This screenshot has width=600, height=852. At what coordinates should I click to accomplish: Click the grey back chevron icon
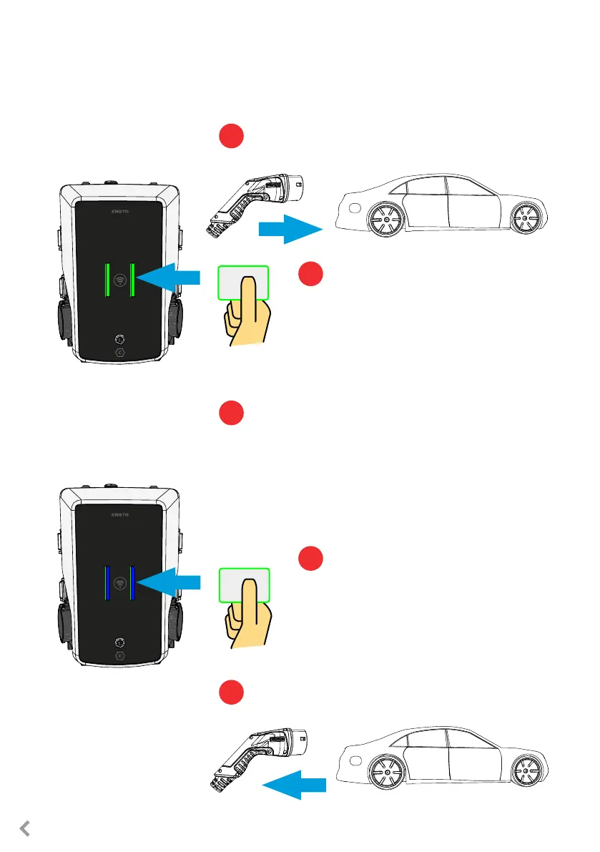pyautogui.click(x=24, y=828)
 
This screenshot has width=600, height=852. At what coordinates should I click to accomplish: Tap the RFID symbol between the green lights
pyautogui.click(x=120, y=280)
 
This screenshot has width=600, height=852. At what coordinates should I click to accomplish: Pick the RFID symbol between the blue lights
pyautogui.click(x=120, y=582)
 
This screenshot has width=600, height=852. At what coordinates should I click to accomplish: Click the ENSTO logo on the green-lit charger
pyautogui.click(x=120, y=212)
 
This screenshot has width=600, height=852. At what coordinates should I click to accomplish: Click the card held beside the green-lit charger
pyautogui.click(x=243, y=282)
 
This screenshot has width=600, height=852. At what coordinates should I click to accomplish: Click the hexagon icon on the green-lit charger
pyautogui.click(x=120, y=353)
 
